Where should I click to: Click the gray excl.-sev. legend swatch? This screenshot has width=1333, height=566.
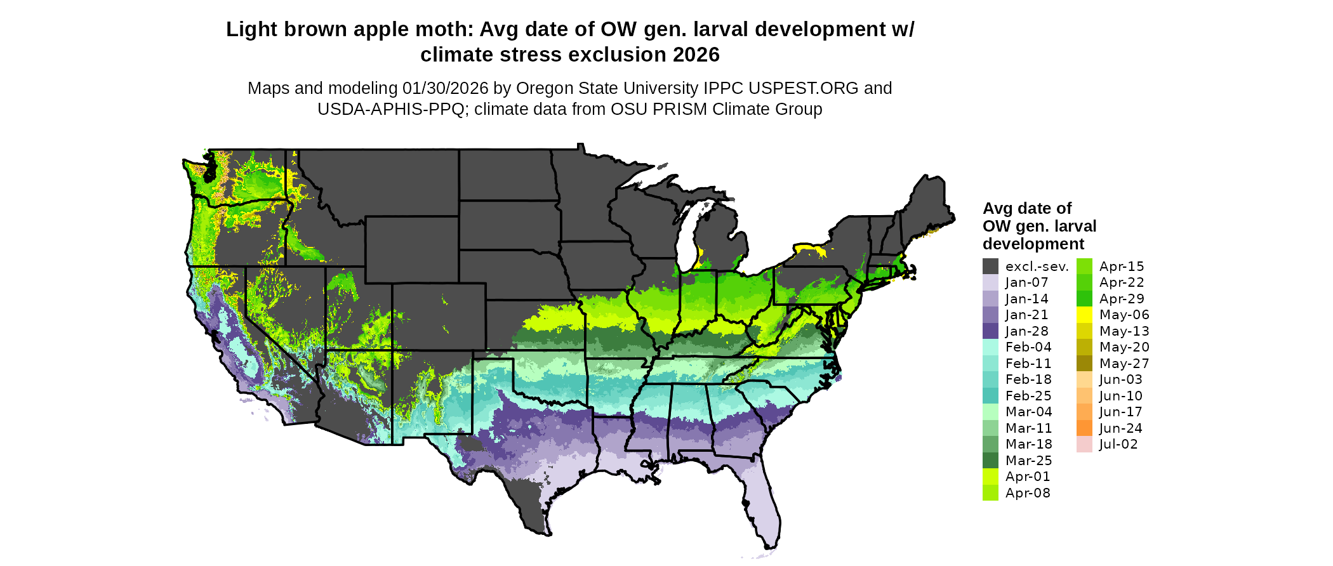tap(990, 267)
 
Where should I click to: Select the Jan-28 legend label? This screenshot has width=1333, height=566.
tap(1026, 331)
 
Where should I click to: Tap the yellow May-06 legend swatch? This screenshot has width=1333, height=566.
tap(1084, 315)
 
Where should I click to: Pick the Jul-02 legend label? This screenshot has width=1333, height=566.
tap(1118, 444)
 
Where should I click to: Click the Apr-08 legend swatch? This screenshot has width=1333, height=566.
tap(990, 493)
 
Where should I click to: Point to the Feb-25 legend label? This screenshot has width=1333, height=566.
tap(1028, 396)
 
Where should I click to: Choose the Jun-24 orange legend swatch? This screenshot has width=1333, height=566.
tap(1084, 428)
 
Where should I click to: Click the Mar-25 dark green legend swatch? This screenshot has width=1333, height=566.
tap(990, 461)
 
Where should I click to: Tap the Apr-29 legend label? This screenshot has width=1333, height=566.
tap(1122, 299)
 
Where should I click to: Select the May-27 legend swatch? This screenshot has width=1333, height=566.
tap(1084, 364)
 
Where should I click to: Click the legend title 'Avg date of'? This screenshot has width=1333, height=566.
tap(1026, 209)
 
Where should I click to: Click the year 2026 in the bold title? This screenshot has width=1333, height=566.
tap(696, 55)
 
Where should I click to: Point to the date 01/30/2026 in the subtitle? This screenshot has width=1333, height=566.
tap(445, 88)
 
